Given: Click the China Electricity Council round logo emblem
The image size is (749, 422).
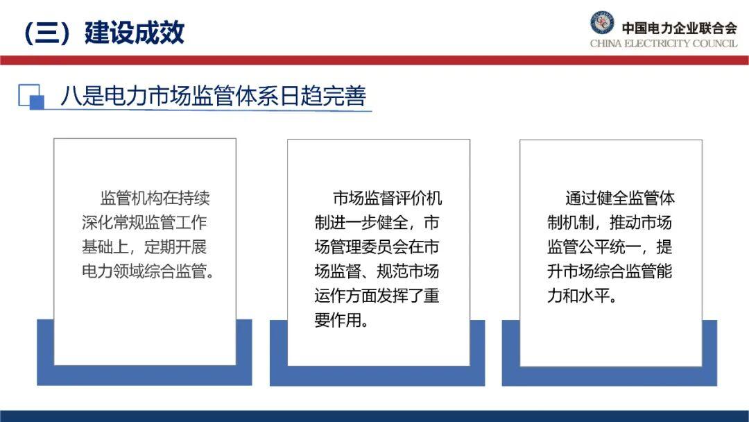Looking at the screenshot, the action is pos(602,22).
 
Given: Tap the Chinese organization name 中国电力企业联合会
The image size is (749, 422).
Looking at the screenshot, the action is pos(679,28).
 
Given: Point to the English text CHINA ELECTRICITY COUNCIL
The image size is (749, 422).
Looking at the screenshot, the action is pos(664,44).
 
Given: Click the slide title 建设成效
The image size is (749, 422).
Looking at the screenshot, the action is pos(135,33).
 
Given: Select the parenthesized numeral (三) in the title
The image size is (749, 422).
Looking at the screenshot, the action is pos(46,33).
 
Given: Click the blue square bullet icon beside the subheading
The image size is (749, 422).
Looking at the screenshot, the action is pos(31,96).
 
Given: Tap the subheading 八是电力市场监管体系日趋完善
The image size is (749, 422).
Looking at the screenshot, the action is pos(213,96).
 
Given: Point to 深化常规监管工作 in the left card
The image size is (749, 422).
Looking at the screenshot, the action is pos(144,222).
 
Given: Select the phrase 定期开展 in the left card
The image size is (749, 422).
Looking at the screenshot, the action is pos(175,246).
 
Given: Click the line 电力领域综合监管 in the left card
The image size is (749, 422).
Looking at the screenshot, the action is pos(144,271).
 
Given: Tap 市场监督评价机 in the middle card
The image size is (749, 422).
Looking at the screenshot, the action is pos(388,198).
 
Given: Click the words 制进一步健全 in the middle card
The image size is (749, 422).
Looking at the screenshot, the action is pos(361,222).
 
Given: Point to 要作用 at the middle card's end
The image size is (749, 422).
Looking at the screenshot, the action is pos(338,320).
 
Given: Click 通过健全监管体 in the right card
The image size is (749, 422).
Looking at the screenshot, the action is pos(620,198).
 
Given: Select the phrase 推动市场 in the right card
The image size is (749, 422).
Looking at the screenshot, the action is pos(641,222).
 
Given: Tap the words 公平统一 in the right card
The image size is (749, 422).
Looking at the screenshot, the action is pos(610,246).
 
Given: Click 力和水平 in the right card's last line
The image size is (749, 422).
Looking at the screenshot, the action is pos(578,296).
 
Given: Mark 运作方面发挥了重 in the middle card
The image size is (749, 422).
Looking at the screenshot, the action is pos(377,296).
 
